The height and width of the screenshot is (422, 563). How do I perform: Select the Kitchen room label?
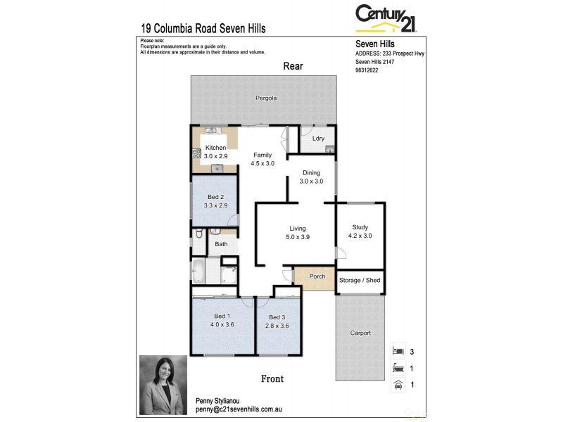pos(215,148)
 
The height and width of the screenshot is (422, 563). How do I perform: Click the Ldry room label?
pos(318,139)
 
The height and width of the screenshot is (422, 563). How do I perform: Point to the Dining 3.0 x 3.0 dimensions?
pos(311,181)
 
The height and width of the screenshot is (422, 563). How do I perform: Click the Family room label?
pos(262,155)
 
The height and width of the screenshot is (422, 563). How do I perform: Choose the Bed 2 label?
pos(215,197)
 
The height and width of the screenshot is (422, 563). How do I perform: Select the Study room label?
pos(360,227)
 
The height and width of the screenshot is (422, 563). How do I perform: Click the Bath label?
pos(221,244)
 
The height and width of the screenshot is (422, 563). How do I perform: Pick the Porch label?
pos(317,276)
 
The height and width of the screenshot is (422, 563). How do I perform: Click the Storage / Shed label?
pos(360,281)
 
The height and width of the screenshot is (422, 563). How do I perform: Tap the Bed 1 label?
pos(222,316)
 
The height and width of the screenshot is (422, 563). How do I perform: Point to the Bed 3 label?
pos(277,317)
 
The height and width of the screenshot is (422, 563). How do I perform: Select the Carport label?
pos(360,333)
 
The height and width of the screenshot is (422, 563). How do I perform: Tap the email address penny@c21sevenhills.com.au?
pos(239,409)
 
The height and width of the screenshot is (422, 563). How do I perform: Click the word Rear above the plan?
pos(293,66)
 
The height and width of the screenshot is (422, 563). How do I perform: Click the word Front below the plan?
pos(272,379)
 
